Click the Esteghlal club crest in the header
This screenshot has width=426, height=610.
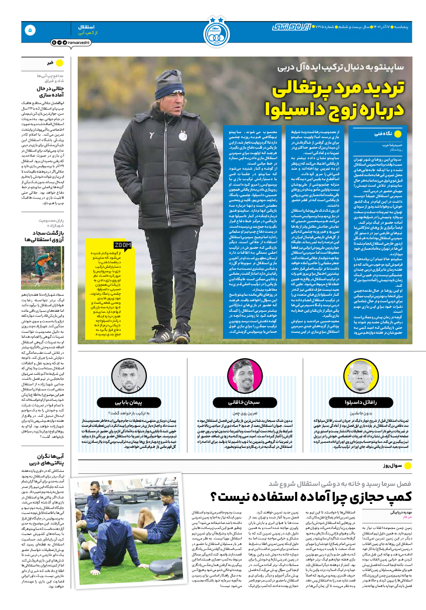pos(216,32)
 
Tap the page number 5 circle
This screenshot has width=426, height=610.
pos(30,30)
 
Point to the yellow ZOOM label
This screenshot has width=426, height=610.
pos(123,245)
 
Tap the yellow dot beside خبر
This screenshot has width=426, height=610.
pos(59,63)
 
